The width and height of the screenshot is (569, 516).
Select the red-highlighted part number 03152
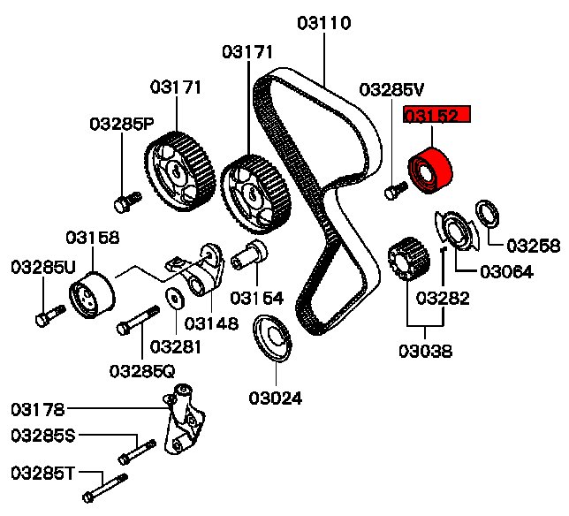437,116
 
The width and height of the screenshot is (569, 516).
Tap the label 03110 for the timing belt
323,21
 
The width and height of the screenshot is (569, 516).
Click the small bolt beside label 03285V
395,188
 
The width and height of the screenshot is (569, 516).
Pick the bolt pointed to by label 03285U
49,314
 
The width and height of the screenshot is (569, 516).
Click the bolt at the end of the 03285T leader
104,485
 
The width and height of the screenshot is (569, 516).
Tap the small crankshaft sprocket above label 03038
404,257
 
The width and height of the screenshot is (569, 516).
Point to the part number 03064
506,272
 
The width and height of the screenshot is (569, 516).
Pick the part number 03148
211,323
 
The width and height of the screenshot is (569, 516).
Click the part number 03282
444,298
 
